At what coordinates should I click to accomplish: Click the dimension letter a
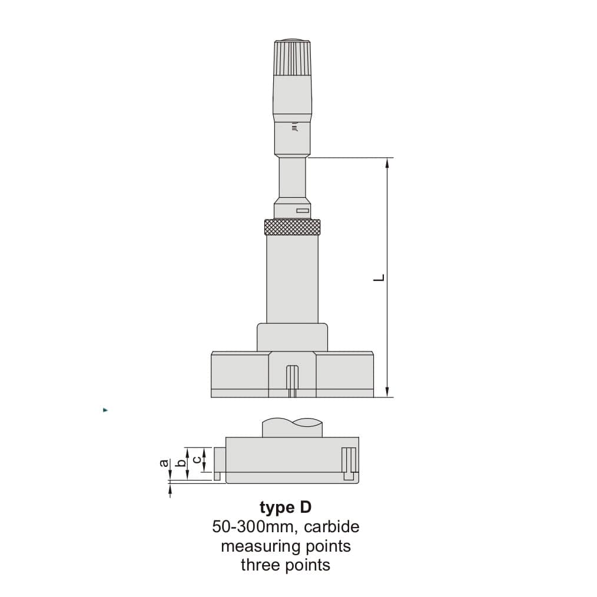tap(164, 463)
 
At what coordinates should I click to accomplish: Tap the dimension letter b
tap(181, 463)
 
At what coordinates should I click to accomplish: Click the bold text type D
tap(285, 507)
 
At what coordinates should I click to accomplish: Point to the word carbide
tap(331, 526)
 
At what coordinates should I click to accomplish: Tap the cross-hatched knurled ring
tap(292, 226)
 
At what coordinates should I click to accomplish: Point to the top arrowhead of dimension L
tap(387, 163)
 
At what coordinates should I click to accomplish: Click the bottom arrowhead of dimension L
tap(387, 392)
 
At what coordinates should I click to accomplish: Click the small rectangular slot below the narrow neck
tap(303, 210)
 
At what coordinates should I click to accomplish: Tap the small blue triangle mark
tap(105, 410)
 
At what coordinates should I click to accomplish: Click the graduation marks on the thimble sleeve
tap(294, 126)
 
